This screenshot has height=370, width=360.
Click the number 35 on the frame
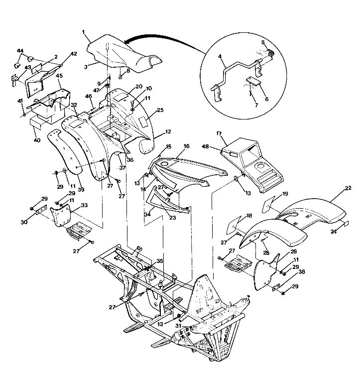pyautogui.click(x=159, y=260)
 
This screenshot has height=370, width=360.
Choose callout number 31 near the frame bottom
pyautogui.click(x=178, y=325)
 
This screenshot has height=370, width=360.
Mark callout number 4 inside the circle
pyautogui.click(x=220, y=57)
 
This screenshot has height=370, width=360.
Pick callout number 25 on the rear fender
pyautogui.click(x=160, y=109)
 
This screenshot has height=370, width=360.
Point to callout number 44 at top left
pyautogui.click(x=20, y=51)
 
